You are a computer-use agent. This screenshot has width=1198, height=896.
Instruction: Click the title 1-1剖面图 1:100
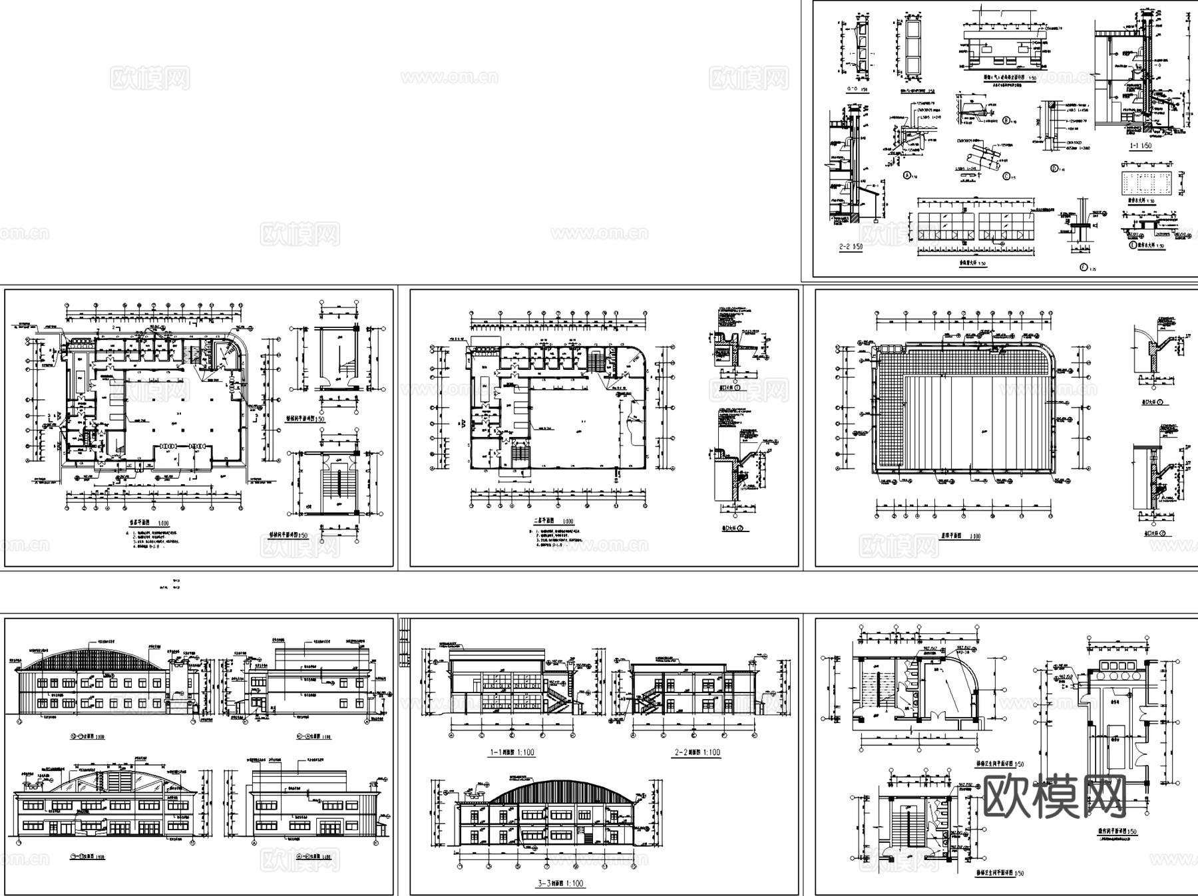pyautogui.click(x=512, y=752)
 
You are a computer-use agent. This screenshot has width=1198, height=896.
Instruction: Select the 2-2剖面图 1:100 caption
pyautogui.click(x=698, y=752)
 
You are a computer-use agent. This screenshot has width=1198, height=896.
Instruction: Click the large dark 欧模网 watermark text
pyautogui.click(x=1054, y=796)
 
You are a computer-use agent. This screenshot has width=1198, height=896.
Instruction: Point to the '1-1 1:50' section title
pyautogui.click(x=1135, y=145)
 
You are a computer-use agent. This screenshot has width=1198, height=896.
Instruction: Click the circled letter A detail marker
pyautogui.click(x=906, y=176)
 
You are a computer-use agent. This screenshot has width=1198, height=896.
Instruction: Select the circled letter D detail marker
pyautogui.click(x=1054, y=168)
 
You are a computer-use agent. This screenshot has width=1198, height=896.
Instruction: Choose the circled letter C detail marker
pyautogui.click(x=1005, y=176)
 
